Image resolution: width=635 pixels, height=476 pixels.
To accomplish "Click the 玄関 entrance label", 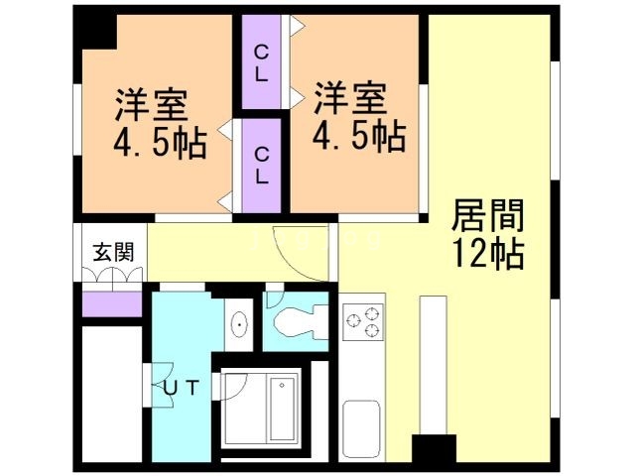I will (110, 251).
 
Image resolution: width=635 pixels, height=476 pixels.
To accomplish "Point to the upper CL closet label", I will (261, 61).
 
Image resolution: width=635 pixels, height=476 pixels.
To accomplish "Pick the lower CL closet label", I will (261, 166).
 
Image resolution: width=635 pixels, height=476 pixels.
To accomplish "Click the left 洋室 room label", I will (151, 104).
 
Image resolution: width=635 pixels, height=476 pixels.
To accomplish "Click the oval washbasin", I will (239, 324).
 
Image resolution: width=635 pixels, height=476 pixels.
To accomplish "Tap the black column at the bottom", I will (434, 451).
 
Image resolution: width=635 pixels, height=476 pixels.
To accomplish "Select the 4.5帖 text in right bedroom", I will (358, 136).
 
